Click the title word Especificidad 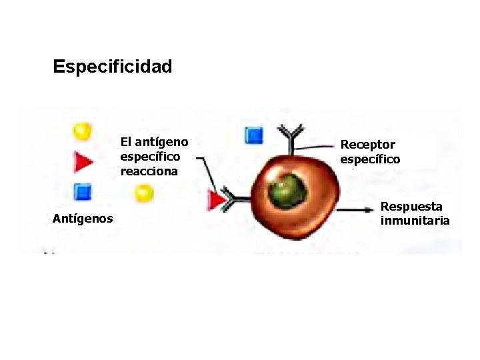(x=112, y=67)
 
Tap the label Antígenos (x=83, y=218)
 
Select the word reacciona (x=149, y=171)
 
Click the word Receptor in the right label (x=368, y=145)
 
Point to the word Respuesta (x=411, y=207)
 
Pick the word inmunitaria (x=415, y=221)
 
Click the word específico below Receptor (x=371, y=159)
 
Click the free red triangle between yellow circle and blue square (x=83, y=162)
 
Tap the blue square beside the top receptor (x=254, y=136)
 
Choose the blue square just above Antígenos (x=82, y=192)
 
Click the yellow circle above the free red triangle (x=82, y=131)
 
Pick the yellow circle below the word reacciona (x=144, y=193)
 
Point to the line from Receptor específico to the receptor (x=317, y=147)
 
